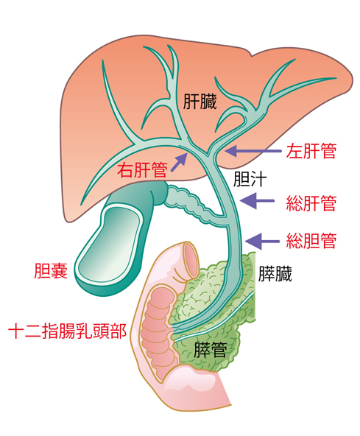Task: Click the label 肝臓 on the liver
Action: click(x=200, y=102)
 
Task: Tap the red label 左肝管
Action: click(x=311, y=151)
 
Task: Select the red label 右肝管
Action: click(x=142, y=169)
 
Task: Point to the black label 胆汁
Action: click(x=250, y=179)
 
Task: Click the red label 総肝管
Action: click(x=311, y=203)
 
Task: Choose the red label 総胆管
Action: click(x=311, y=241)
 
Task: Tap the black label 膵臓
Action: click(x=275, y=274)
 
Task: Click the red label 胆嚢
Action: click(x=51, y=270)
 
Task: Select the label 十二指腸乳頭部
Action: click(x=68, y=331)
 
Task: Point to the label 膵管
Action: click(x=210, y=350)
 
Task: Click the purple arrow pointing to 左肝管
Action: click(x=253, y=151)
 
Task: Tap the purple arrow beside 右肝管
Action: click(x=179, y=162)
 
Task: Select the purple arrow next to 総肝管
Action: click(x=257, y=200)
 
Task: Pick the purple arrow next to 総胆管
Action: click(x=262, y=242)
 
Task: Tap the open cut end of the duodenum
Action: click(x=191, y=259)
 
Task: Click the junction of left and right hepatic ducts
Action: click(x=208, y=152)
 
